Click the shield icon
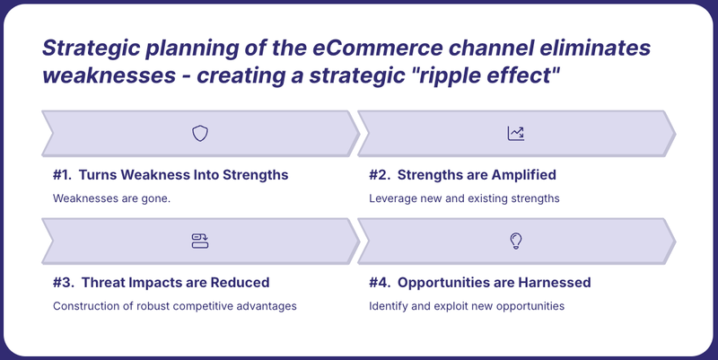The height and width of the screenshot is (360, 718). coord(200,133)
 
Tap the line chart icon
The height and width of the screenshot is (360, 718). coord(515,133)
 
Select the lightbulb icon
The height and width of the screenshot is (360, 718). coord(516,241)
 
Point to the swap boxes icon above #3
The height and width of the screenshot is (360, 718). coord(200,241)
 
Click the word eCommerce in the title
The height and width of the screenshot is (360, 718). coord(378,48)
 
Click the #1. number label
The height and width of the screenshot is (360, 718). coord(62,175)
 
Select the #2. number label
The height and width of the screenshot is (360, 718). coord(380,175)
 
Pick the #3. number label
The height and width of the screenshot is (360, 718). coord(63,283)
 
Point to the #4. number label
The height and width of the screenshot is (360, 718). coord(380,283)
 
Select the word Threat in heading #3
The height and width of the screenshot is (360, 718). coord(103,283)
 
